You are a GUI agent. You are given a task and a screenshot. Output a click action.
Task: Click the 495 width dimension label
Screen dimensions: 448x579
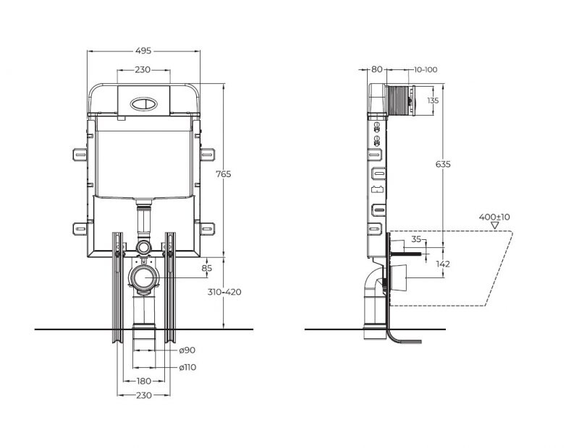[143, 51]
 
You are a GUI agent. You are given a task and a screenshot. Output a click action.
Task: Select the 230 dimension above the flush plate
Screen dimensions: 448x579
[143, 70]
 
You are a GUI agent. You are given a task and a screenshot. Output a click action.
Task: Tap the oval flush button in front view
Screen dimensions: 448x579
[143, 103]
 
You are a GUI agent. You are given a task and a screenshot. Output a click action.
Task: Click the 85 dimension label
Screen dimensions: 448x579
[207, 269]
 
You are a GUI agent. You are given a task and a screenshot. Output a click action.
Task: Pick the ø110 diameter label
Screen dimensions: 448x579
[188, 367]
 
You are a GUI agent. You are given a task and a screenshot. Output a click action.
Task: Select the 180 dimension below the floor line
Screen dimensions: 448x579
[143, 381]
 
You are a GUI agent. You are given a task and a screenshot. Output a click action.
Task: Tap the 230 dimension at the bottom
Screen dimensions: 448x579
[143, 395]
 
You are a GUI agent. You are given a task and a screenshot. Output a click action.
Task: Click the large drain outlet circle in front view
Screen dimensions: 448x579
[144, 277]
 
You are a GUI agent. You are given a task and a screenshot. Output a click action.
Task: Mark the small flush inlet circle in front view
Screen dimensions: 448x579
[143, 247]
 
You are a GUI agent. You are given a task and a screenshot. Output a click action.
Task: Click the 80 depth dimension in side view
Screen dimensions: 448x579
[376, 69]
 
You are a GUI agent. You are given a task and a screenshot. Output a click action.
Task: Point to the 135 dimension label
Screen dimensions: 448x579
[433, 100]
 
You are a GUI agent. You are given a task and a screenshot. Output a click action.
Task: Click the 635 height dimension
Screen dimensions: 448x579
[443, 165]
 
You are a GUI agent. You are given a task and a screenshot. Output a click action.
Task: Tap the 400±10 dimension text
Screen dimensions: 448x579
[494, 217]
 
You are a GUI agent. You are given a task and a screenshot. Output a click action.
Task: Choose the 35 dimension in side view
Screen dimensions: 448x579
[416, 238]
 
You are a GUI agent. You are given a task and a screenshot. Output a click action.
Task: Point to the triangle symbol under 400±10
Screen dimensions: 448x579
[495, 226]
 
